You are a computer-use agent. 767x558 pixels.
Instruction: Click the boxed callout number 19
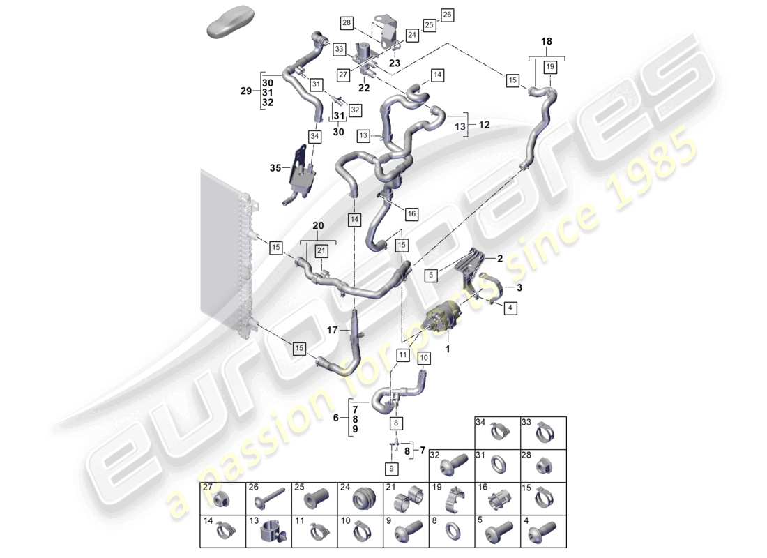click(549, 67)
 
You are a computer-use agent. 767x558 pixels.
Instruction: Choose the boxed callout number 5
click(431, 275)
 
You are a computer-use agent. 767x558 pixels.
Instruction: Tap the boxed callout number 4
click(510, 307)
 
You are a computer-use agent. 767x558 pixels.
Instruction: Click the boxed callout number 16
click(411, 212)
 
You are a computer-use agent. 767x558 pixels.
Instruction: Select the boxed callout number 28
click(347, 24)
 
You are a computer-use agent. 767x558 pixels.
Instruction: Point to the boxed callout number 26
click(447, 14)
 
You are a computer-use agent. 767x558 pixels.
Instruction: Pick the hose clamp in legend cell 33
click(544, 435)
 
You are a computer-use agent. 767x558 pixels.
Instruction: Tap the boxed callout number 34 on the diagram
click(314, 137)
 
